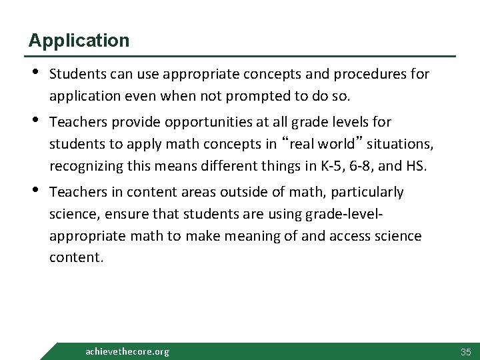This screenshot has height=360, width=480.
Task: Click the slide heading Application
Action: click(x=79, y=41)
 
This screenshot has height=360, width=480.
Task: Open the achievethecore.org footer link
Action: click(x=128, y=351)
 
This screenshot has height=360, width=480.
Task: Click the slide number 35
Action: click(x=465, y=351)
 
